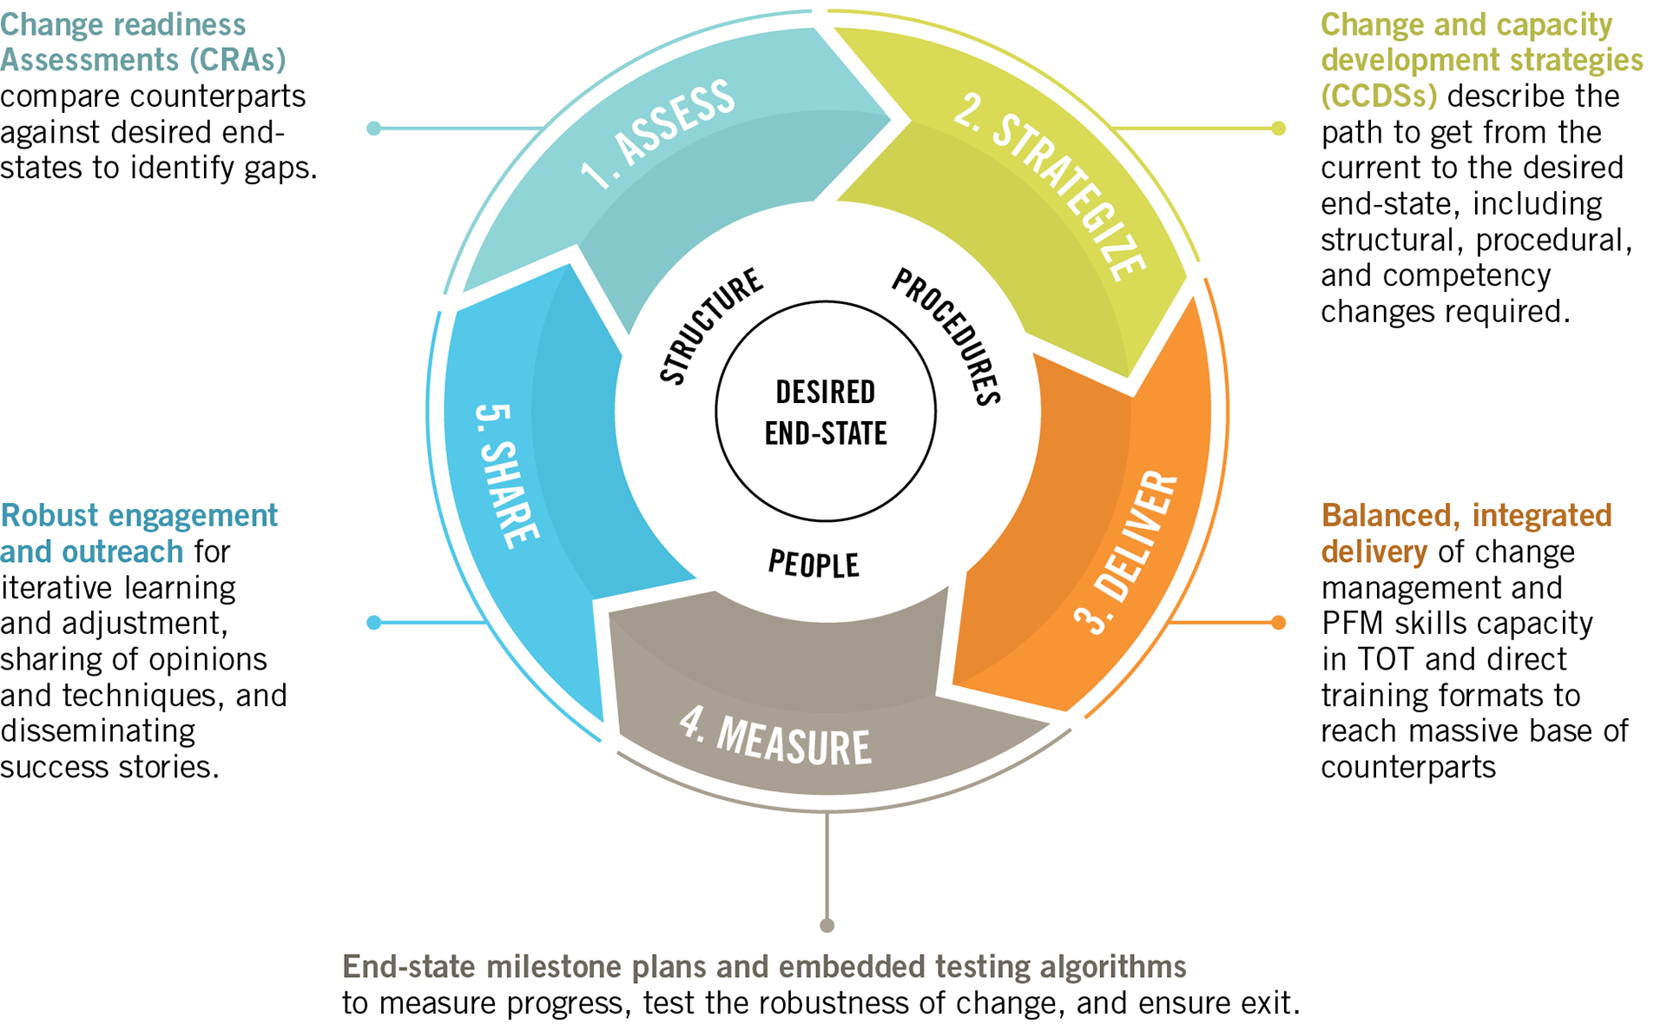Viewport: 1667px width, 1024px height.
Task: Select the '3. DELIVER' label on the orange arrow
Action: click(1127, 552)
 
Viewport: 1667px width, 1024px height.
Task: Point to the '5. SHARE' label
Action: click(507, 476)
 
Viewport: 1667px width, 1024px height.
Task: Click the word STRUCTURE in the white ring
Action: click(710, 326)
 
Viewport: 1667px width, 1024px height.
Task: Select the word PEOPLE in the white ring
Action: click(814, 565)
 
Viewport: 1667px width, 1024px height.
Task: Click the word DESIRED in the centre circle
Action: click(825, 392)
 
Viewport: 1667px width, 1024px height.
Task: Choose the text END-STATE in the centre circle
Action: click(825, 433)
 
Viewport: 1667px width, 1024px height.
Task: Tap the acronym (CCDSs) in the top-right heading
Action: click(1379, 96)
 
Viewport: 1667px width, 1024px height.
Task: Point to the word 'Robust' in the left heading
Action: click(49, 515)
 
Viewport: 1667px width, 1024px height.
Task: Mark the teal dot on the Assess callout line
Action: click(374, 129)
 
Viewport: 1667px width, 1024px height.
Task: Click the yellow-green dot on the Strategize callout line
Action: click(1278, 129)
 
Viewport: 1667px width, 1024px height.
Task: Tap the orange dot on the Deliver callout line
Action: click(1278, 622)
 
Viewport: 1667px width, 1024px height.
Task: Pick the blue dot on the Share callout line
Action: click(374, 622)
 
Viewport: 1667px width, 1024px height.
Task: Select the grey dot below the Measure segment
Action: click(827, 925)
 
